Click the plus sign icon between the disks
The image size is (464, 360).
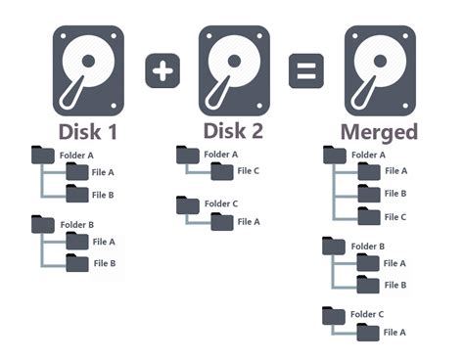tap(162, 70)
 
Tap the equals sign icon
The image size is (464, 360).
tap(306, 70)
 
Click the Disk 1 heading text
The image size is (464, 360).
tap(88, 132)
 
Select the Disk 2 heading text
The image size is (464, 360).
tap(233, 131)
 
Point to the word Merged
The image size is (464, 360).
tap(379, 133)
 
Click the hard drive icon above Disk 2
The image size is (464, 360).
tap(234, 70)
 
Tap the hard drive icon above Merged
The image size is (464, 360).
tap(380, 70)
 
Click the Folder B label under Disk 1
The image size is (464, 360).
tap(77, 225)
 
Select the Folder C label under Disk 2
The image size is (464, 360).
tap(221, 203)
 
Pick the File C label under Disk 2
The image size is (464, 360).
tap(249, 171)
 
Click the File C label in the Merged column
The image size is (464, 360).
tap(395, 217)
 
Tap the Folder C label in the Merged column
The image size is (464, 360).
tap(367, 314)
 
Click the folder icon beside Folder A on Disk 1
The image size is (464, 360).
tap(43, 155)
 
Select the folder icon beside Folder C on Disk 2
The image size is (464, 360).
tap(188, 205)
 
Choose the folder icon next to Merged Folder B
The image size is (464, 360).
tap(334, 246)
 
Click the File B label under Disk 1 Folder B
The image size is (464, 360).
tap(105, 263)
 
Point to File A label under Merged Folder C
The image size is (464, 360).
tap(394, 333)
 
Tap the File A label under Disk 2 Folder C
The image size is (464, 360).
tap(249, 222)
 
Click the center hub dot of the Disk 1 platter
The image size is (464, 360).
tap(88, 61)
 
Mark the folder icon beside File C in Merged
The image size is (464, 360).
tap(369, 216)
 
